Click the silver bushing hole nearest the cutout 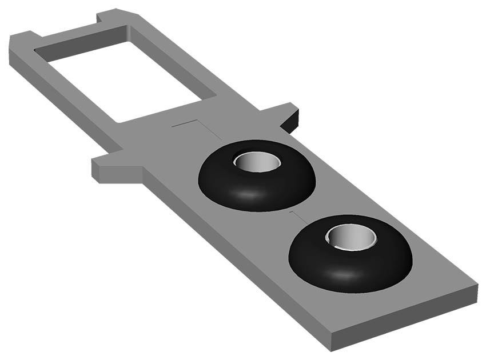(x=257, y=162)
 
